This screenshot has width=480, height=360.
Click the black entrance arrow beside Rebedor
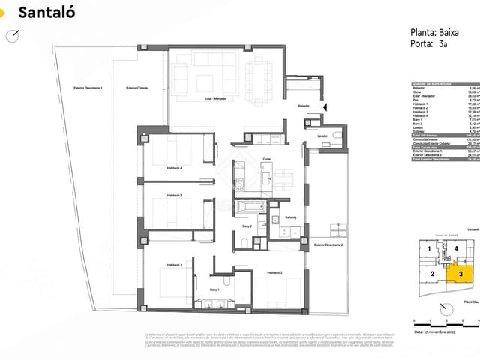point(325,109)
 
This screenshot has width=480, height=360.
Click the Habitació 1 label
point(174,265)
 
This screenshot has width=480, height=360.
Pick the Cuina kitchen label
point(266,159)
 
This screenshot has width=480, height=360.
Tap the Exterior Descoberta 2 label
point(328,245)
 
